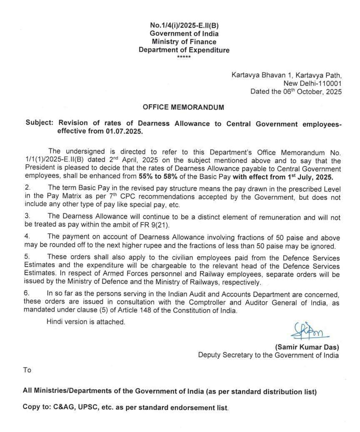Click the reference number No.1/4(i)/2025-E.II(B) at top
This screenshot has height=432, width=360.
[184, 25]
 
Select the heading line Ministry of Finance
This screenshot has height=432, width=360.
[184, 42]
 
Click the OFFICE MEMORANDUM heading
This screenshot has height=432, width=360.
[183, 107]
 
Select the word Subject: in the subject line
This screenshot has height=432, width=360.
[40, 124]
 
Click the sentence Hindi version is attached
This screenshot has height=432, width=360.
[85, 322]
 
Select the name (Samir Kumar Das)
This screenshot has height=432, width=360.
[307, 347]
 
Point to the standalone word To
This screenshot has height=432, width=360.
[27, 370]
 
